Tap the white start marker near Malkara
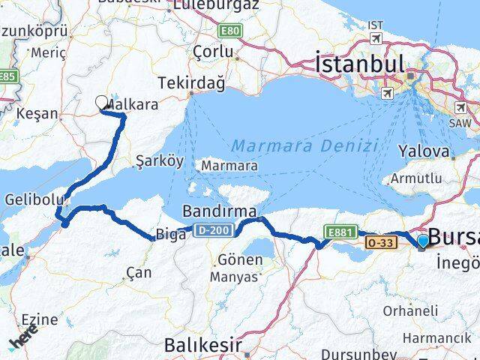(x=102, y=102)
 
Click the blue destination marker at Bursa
(x=424, y=241)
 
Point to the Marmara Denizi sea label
(x=304, y=145)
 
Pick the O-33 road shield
(x=377, y=242)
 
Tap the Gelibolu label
(x=30, y=200)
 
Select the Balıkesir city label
(x=203, y=346)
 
